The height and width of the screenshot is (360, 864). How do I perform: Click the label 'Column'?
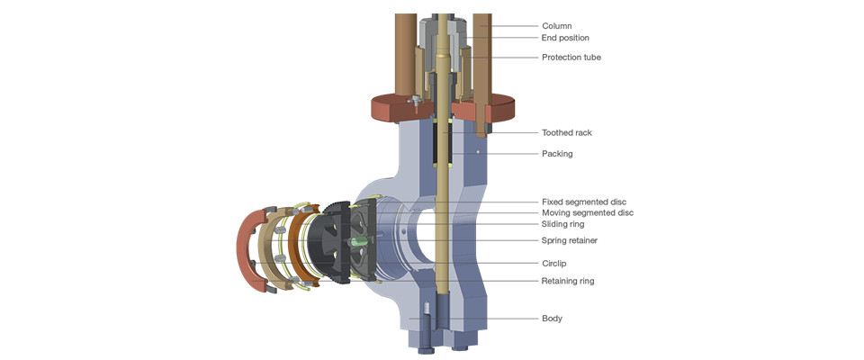pyautogui.click(x=556, y=26)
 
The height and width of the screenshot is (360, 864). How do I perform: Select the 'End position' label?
pyautogui.click(x=565, y=38)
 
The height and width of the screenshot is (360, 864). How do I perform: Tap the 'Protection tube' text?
pyautogui.click(x=571, y=58)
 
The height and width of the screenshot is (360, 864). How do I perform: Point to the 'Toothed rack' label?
pyautogui.click(x=566, y=132)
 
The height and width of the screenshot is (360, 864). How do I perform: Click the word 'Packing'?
pyautogui.click(x=557, y=154)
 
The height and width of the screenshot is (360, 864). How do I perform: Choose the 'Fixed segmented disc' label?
pyautogui.click(x=583, y=202)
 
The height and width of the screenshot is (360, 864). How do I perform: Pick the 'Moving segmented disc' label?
pyautogui.click(x=587, y=213)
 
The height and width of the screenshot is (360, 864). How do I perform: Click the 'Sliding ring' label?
pyautogui.click(x=562, y=224)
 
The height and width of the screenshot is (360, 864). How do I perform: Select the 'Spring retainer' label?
pyautogui.click(x=569, y=241)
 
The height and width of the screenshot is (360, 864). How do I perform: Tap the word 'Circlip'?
pyautogui.click(x=555, y=264)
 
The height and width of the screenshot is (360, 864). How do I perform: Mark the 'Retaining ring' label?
pyautogui.click(x=567, y=281)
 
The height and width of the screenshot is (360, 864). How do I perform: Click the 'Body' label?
pyautogui.click(x=552, y=319)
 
